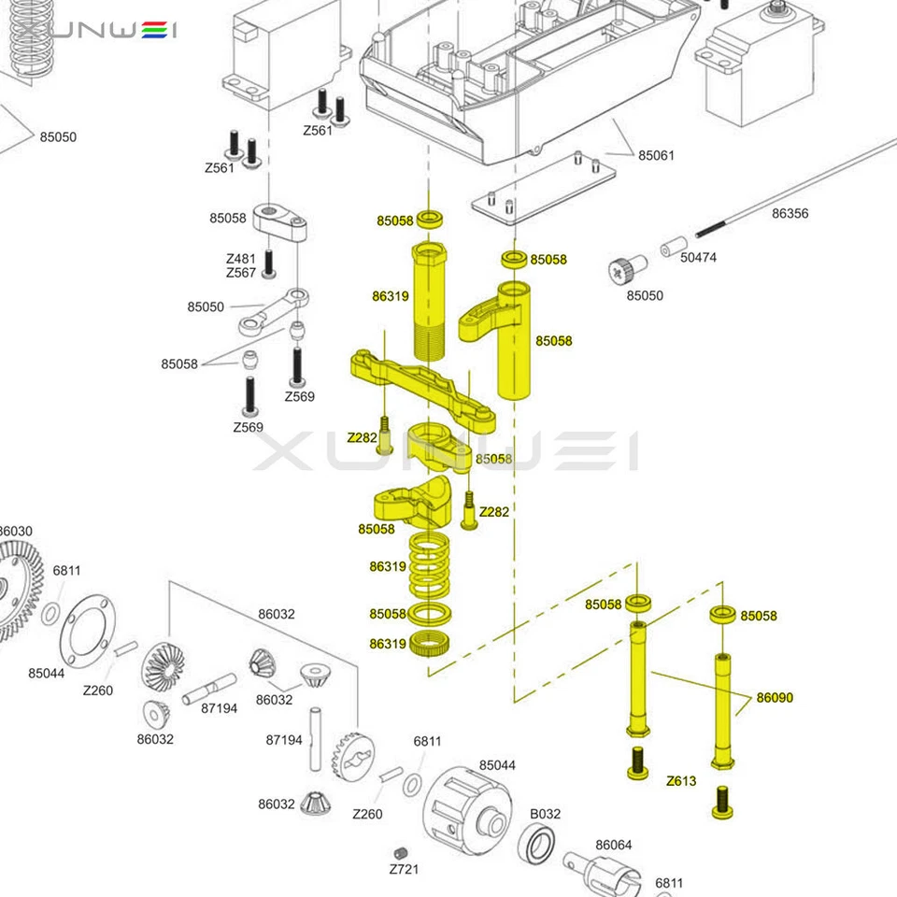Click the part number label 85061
(x=656, y=155)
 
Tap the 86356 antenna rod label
(x=790, y=213)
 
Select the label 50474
(x=698, y=257)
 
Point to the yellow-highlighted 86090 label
(x=775, y=697)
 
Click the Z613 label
(x=680, y=780)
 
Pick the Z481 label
(x=240, y=259)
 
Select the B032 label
(x=546, y=813)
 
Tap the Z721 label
(x=405, y=870)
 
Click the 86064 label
(x=614, y=845)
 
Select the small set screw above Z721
(x=403, y=852)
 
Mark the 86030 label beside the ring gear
(x=14, y=531)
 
